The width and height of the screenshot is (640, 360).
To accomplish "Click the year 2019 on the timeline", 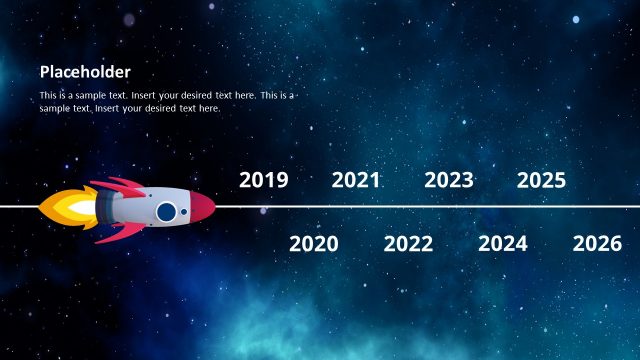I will [264, 180].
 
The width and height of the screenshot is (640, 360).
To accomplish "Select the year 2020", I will [314, 243].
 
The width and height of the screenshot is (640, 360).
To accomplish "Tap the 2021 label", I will [356, 180].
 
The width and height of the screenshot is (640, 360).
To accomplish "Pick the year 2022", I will [408, 243].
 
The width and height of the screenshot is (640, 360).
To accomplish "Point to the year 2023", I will [449, 180].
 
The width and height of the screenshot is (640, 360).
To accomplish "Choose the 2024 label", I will [502, 243].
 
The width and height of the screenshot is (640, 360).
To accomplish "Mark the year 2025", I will [542, 180].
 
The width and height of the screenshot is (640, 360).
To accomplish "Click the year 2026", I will [597, 243].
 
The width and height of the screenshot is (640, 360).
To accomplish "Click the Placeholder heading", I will [85, 72].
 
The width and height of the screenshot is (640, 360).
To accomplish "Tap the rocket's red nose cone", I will [203, 207].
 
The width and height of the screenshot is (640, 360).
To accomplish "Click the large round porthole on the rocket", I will [166, 211].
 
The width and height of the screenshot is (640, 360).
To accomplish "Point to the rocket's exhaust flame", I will [65, 208].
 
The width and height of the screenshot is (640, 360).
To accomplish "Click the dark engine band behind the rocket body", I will [103, 208].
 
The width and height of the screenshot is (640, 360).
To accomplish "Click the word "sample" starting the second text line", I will [54, 107].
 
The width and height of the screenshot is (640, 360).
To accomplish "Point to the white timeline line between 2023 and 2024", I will [475, 207].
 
